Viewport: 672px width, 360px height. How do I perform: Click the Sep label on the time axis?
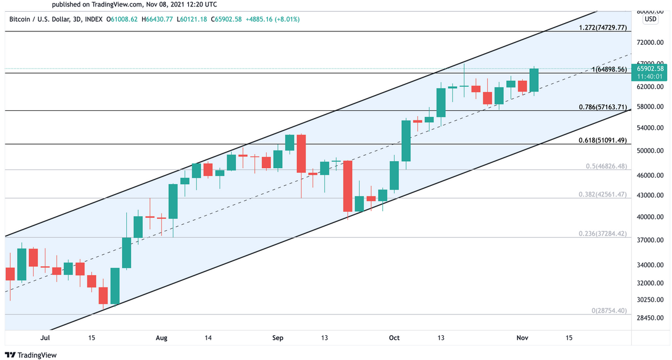[278, 338]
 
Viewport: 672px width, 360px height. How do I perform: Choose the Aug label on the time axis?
[162, 338]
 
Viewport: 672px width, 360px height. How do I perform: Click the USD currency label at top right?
[650, 19]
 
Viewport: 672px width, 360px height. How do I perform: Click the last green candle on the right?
[534, 80]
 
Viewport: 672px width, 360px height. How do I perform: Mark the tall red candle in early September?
[301, 153]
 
